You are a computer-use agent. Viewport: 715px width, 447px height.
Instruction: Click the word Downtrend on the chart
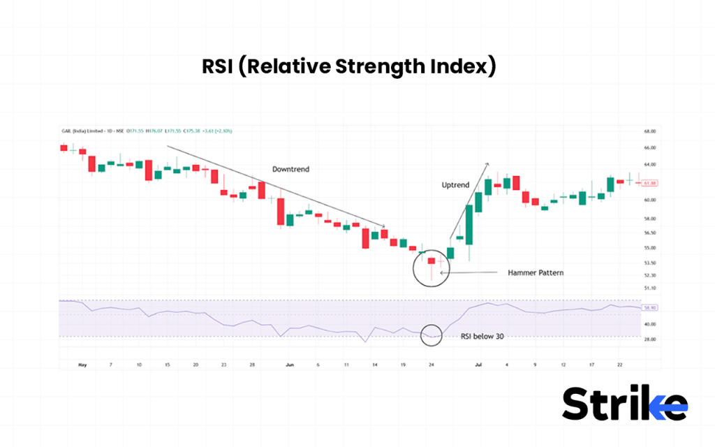[x=290, y=169]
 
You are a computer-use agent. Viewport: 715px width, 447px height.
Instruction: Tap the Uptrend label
[x=455, y=185]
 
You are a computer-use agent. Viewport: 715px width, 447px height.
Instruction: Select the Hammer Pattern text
[x=536, y=272]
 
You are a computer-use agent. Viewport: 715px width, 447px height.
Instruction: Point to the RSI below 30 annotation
[x=482, y=336]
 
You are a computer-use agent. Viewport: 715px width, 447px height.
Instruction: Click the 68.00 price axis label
[x=649, y=131]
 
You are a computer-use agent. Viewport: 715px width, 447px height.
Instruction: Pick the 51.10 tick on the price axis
[x=649, y=287]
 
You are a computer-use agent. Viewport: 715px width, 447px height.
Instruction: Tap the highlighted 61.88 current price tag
[x=650, y=183]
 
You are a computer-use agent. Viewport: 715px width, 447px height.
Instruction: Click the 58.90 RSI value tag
[x=650, y=307]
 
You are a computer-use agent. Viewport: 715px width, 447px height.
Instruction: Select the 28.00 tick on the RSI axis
[x=649, y=339]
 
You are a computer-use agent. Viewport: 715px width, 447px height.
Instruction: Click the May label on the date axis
[x=82, y=365]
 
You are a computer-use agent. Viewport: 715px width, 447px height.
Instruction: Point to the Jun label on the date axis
[x=290, y=365]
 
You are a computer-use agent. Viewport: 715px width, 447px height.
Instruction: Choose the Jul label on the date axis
[x=479, y=365]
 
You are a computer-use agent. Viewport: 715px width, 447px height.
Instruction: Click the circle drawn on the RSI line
[x=432, y=336]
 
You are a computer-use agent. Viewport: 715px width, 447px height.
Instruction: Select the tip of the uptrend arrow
[x=488, y=163]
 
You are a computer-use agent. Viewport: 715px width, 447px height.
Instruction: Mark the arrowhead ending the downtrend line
[x=384, y=225]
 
